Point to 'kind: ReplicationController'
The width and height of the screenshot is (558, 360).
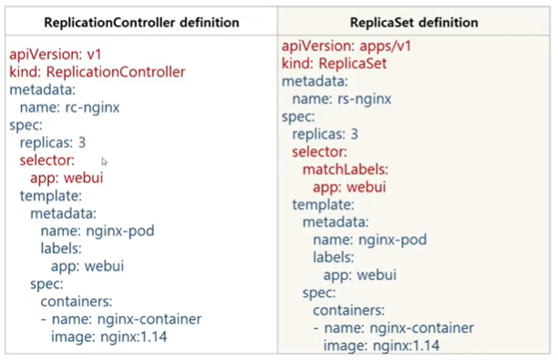(98, 71)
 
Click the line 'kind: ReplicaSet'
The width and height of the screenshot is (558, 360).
(335, 64)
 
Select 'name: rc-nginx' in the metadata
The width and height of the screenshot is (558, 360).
(69, 107)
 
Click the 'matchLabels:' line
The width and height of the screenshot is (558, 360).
(346, 170)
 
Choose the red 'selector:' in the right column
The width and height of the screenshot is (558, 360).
(320, 152)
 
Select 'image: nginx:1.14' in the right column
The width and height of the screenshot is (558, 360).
(382, 345)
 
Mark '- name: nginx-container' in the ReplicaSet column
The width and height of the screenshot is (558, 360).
(393, 328)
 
